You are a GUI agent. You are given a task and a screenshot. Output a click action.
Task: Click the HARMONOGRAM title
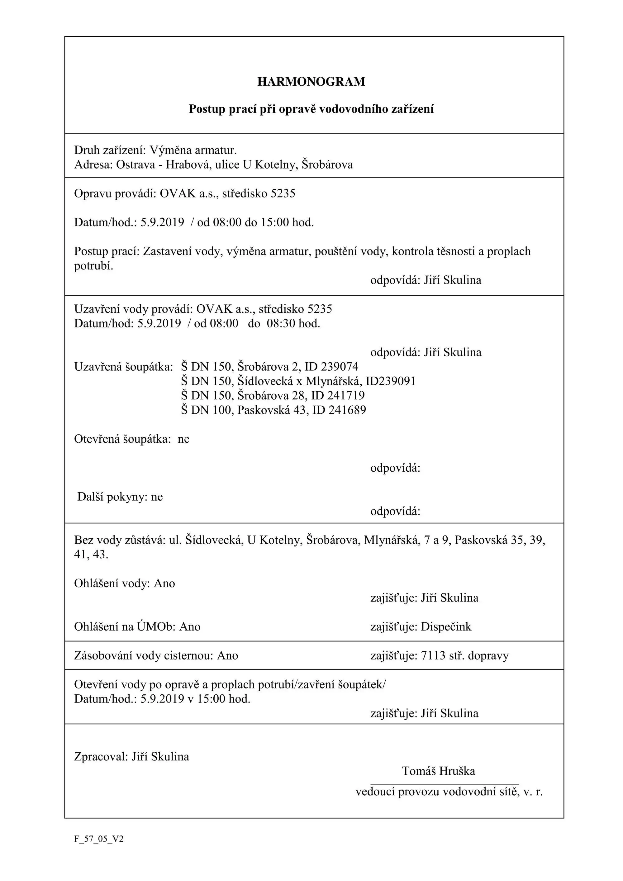(x=311, y=82)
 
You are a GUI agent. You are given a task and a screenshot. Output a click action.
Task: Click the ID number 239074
(x=340, y=367)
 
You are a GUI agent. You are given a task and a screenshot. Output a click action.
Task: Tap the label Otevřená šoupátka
(x=122, y=439)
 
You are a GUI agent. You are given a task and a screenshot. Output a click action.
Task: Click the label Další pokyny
(x=112, y=497)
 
